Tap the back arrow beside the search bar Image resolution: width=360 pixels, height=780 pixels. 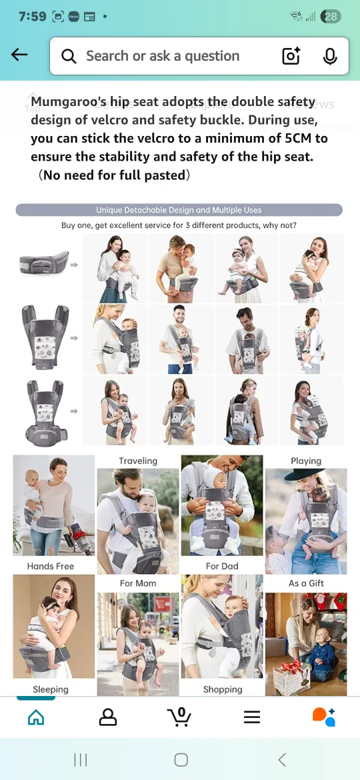tap(19, 55)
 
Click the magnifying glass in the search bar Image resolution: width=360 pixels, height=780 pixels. tap(69, 57)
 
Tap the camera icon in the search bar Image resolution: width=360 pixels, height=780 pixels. tap(291, 57)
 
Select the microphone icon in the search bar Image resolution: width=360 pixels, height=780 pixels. tap(330, 57)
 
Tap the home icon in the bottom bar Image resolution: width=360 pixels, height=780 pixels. tap(36, 717)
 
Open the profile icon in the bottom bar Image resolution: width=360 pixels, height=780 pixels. tap(108, 717)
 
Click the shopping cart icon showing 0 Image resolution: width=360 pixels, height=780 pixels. tap(179, 717)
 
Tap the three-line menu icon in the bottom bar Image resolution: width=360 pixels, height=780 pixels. tap(252, 717)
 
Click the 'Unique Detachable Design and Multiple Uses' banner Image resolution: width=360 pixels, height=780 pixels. tap(179, 210)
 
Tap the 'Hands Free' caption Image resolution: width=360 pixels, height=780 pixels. tap(51, 566)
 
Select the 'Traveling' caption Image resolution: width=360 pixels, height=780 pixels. tap(138, 461)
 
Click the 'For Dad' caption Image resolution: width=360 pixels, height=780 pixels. tap(222, 566)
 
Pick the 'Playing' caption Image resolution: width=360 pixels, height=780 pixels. tap(306, 461)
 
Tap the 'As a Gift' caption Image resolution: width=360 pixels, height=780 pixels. tap(306, 583)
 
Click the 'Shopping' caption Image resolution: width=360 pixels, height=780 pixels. tap(223, 689)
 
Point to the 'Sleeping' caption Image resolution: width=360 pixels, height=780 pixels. tap(51, 689)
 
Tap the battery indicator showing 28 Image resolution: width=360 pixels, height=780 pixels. tap(331, 17)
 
